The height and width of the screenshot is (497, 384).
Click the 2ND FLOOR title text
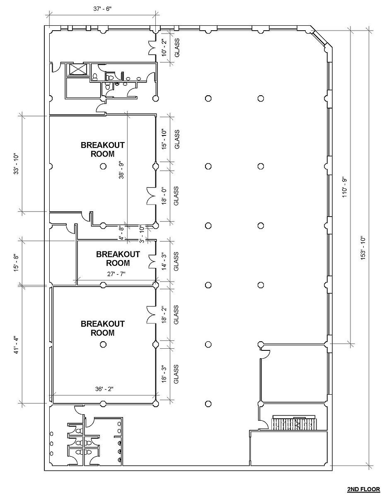pyautogui.click(x=363, y=489)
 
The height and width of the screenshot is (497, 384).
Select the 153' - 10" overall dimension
pyautogui.click(x=363, y=248)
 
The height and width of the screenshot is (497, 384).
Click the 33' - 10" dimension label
pyautogui.click(x=17, y=163)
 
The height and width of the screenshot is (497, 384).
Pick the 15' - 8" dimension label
pyautogui.click(x=17, y=263)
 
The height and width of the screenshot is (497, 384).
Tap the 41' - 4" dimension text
pyautogui.click(x=17, y=345)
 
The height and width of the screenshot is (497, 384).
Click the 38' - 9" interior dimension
pyautogui.click(x=121, y=170)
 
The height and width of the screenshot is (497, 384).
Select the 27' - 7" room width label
pyautogui.click(x=116, y=274)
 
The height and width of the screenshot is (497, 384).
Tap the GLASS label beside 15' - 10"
pyautogui.click(x=177, y=139)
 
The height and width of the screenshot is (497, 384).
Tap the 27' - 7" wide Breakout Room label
pyautogui.click(x=118, y=258)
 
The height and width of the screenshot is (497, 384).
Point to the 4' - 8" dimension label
pyautogui.click(x=121, y=233)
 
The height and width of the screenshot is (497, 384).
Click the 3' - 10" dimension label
pyautogui.click(x=142, y=234)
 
